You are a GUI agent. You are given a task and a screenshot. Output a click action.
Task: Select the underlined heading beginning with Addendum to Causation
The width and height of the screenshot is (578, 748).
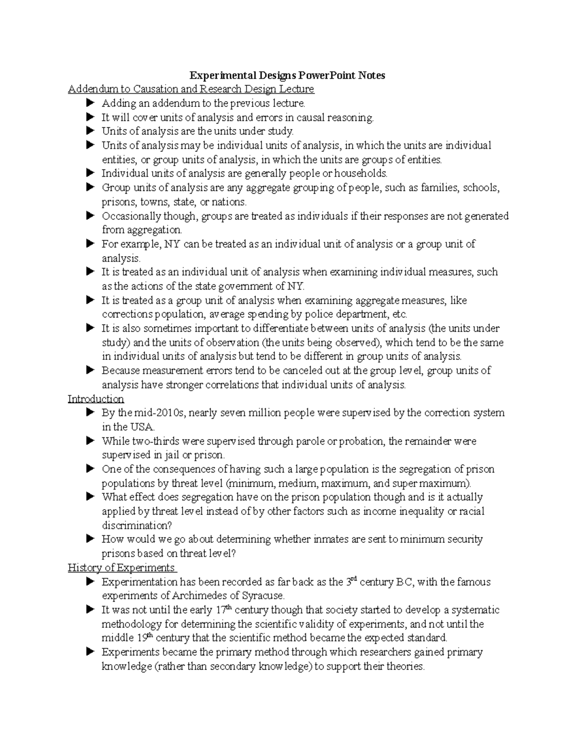point(191,89)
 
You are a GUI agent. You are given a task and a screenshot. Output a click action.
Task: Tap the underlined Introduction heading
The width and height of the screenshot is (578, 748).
point(96,399)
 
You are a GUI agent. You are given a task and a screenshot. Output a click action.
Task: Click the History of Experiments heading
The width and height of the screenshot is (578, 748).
point(121,568)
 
